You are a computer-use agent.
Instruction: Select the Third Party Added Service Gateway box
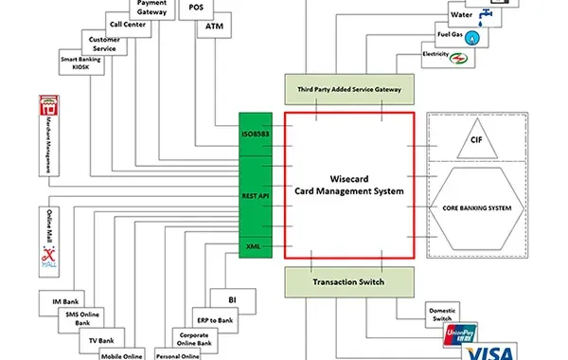(348, 90)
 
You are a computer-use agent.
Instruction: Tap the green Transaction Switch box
(348, 280)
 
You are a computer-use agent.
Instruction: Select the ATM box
(212, 27)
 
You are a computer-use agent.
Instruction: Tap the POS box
(196, 8)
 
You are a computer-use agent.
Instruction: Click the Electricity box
(435, 55)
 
